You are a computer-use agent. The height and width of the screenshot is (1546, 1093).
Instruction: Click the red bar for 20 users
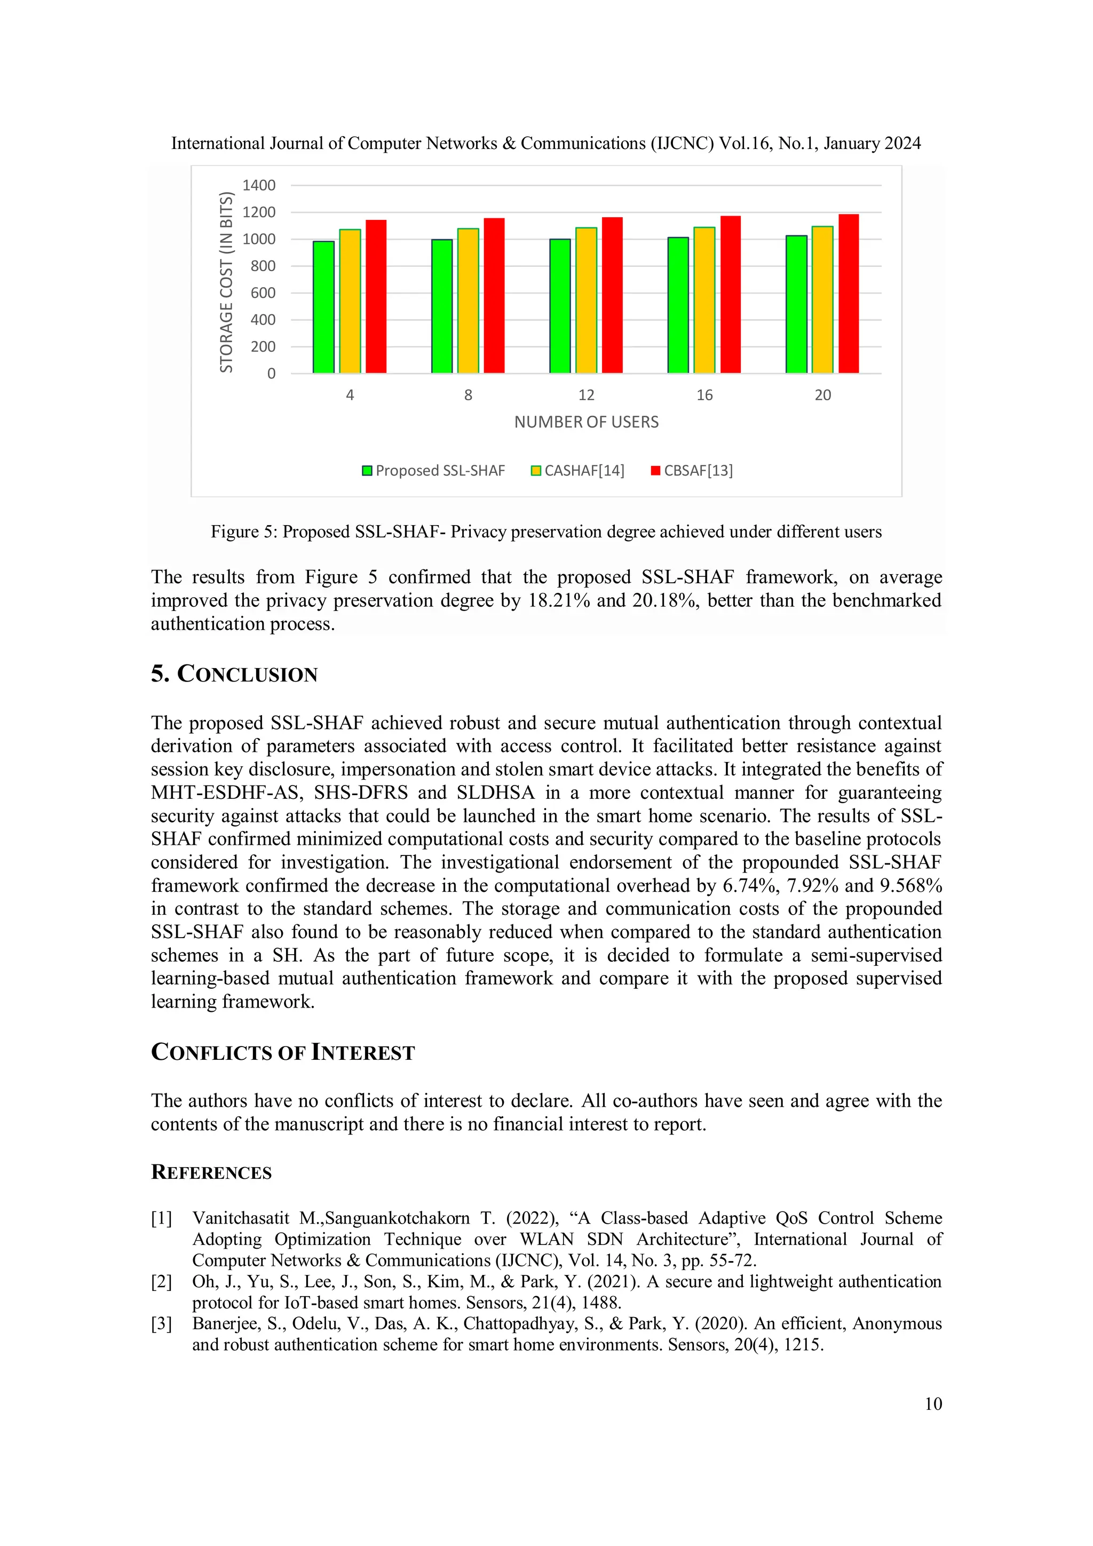848,294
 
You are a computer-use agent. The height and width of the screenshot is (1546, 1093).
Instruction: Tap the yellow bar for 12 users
586,300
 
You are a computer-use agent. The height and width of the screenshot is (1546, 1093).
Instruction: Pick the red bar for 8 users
494,296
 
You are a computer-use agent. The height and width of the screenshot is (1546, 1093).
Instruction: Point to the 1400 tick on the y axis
259,185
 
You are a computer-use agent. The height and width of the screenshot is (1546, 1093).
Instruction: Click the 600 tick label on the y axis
263,293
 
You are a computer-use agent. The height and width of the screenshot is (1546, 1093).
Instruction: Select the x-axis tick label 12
586,395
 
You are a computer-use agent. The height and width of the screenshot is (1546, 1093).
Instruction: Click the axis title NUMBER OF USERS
586,422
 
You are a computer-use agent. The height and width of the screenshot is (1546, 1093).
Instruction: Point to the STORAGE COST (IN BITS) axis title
226,282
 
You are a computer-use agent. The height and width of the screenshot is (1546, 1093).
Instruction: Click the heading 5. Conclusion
234,674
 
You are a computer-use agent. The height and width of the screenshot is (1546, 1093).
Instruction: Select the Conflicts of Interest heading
282,1052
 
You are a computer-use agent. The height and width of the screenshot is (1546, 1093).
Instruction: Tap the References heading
211,1172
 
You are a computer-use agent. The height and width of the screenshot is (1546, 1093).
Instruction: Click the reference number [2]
162,1281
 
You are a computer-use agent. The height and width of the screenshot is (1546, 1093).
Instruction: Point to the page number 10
933,1404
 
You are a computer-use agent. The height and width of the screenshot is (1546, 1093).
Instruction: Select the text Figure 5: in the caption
244,532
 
